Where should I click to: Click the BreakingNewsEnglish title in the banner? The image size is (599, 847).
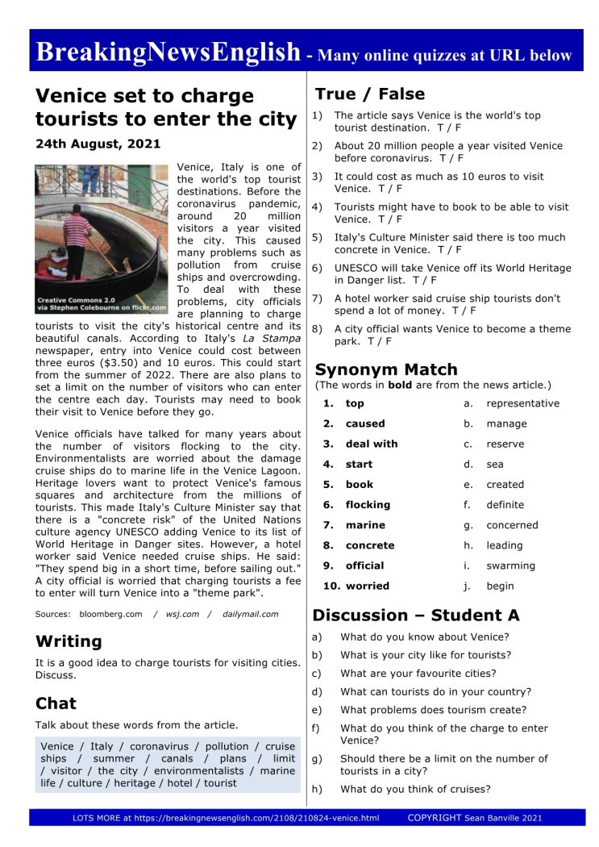pyautogui.click(x=168, y=52)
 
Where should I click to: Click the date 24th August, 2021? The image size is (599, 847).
pyautogui.click(x=98, y=144)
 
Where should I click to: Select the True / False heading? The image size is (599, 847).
pyautogui.click(x=369, y=94)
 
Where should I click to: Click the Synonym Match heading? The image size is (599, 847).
pyautogui.click(x=386, y=369)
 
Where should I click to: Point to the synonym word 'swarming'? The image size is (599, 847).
pyautogui.click(x=510, y=565)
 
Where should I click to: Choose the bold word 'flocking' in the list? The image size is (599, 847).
pyautogui.click(x=368, y=505)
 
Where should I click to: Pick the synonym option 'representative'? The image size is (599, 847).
pyautogui.click(x=522, y=403)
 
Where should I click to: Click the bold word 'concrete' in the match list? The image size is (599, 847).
pyautogui.click(x=370, y=545)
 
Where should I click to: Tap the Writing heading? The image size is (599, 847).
pyautogui.click(x=69, y=641)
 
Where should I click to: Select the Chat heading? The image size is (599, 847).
pyautogui.click(x=56, y=703)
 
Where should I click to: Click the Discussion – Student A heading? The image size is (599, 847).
pyautogui.click(x=416, y=615)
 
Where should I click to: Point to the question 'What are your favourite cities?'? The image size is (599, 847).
pyautogui.click(x=418, y=674)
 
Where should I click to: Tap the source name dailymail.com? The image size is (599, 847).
pyautogui.click(x=251, y=614)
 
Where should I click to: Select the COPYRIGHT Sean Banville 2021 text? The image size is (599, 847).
pyautogui.click(x=475, y=818)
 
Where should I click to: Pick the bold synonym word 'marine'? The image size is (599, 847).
pyautogui.click(x=365, y=525)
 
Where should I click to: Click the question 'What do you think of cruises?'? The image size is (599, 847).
pyautogui.click(x=414, y=789)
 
